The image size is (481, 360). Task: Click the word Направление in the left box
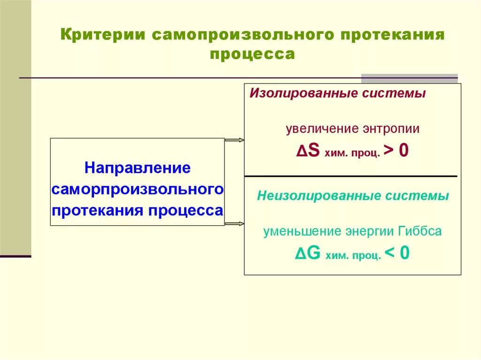pyautogui.click(x=137, y=168)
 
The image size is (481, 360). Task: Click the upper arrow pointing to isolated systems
pyautogui.click(x=234, y=140)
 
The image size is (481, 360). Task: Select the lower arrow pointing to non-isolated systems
pyautogui.click(x=234, y=223)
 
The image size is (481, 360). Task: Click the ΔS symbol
pyautogui.click(x=308, y=151)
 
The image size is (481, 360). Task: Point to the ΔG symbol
pyautogui.click(x=308, y=253)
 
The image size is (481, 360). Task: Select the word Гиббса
pyautogui.click(x=419, y=231)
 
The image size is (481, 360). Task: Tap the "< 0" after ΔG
pyautogui.click(x=396, y=253)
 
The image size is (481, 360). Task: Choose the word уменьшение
pyautogui.click(x=302, y=231)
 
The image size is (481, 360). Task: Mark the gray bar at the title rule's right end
pyautogui.click(x=409, y=78)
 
